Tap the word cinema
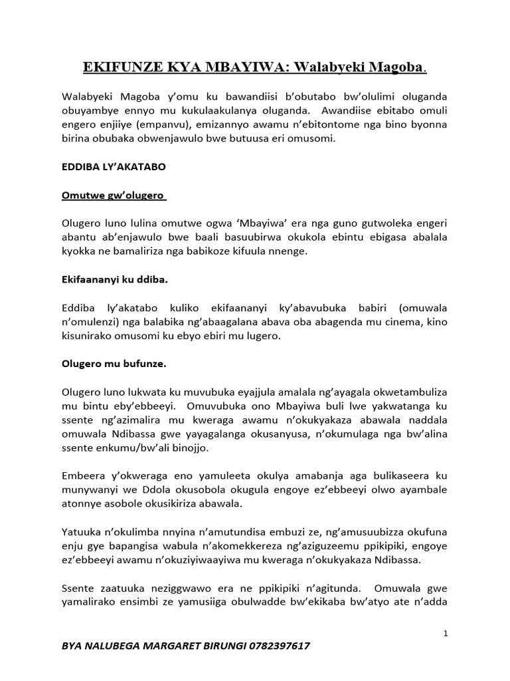click(x=399, y=322)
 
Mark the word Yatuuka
click(x=82, y=533)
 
